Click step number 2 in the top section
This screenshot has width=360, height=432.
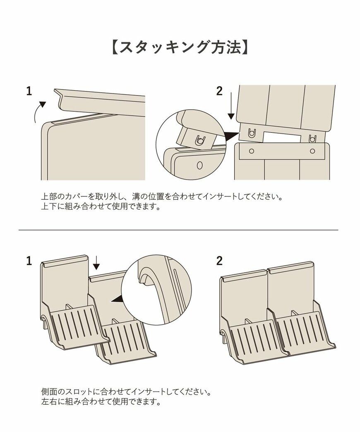click(219, 91)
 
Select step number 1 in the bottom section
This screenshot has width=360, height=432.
click(29, 261)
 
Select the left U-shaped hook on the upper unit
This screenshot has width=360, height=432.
click(251, 133)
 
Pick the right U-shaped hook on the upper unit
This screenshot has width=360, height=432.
click(312, 137)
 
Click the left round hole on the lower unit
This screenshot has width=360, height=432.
click(251, 151)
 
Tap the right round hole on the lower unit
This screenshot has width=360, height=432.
click(312, 151)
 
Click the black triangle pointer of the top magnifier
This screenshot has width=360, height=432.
click(232, 135)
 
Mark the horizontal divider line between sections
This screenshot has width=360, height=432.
click(178, 230)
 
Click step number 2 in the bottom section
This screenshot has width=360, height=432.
click(219, 261)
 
